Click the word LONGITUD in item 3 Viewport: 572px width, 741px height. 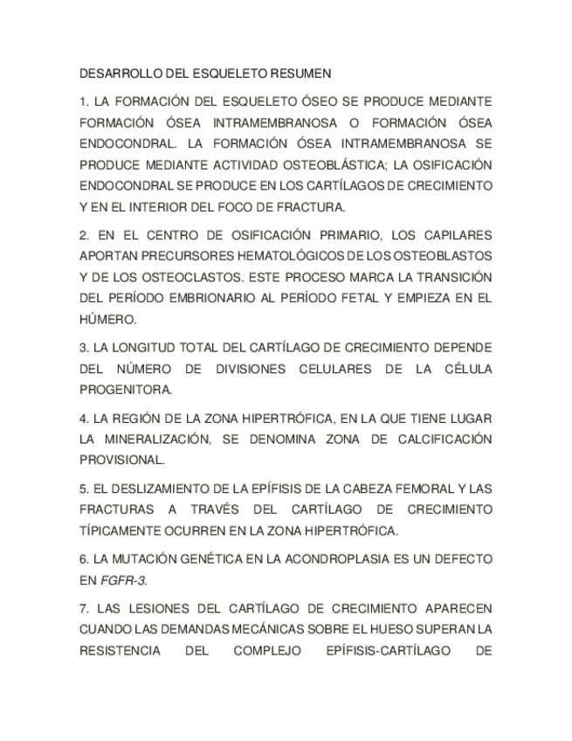(x=151, y=348)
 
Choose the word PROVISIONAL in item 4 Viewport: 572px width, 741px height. (x=121, y=460)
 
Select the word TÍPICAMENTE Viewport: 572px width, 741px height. (x=123, y=530)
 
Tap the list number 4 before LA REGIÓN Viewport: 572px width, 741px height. (x=83, y=418)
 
